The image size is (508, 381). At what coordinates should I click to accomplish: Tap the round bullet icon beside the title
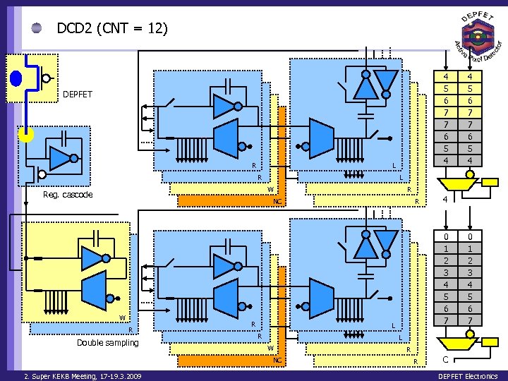[37, 29]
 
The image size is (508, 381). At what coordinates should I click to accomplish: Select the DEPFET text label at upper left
[78, 94]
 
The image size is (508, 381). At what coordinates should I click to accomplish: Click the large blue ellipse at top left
[16, 78]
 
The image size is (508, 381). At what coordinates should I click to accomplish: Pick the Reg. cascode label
[68, 195]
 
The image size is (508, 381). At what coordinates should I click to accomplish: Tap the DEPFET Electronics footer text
[468, 376]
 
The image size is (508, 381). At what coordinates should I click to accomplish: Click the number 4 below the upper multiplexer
[445, 200]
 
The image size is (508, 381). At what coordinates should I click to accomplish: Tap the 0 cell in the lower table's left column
[445, 237]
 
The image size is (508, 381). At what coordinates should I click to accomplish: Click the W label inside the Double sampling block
[122, 317]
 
